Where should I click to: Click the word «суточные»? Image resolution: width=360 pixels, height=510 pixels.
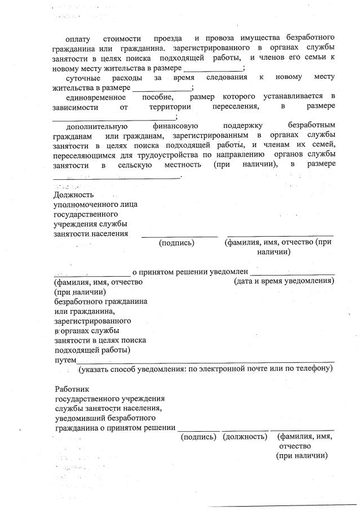coord(85,77)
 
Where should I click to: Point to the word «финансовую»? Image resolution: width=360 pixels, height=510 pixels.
coord(175,126)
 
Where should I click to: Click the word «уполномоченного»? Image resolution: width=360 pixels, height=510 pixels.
coord(95,205)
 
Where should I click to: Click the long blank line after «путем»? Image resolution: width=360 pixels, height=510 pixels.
coord(206,361)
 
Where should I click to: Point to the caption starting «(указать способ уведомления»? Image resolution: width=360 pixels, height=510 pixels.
coord(205,369)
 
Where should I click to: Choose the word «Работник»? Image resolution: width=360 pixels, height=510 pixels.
coord(72,389)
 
